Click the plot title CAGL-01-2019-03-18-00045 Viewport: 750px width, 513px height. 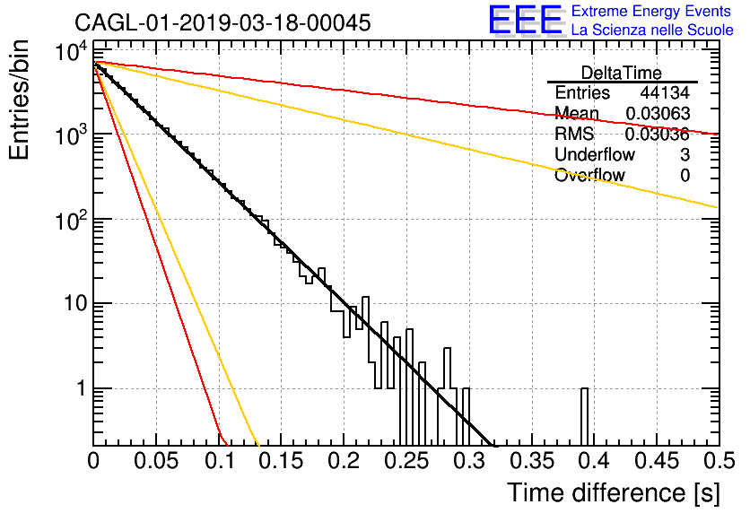pos(222,22)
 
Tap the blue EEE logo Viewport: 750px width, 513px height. pos(526,20)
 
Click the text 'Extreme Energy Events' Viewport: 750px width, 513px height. pos(651,11)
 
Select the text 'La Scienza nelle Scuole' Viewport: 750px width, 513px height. pos(652,30)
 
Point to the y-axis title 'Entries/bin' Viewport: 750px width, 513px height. pos(19,100)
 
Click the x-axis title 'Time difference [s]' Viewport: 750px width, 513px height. pos(614,492)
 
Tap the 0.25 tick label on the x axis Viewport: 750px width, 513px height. pos(407,461)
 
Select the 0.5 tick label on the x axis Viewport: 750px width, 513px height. pos(719,461)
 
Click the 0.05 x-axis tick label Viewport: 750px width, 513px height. pos(156,461)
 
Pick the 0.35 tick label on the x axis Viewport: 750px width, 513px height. pos(532,461)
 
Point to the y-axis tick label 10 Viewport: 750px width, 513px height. pos(76,303)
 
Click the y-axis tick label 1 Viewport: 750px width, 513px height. pos(81,387)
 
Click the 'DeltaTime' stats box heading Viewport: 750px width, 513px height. pos(622,73)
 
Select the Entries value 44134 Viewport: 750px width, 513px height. pos(665,92)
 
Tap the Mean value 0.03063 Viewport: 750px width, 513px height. pos(658,113)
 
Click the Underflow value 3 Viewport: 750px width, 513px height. pos(685,154)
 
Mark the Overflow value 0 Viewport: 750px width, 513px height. pos(685,175)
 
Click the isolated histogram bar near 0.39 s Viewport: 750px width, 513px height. pos(584,416)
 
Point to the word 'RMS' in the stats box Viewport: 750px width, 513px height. pos(574,134)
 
